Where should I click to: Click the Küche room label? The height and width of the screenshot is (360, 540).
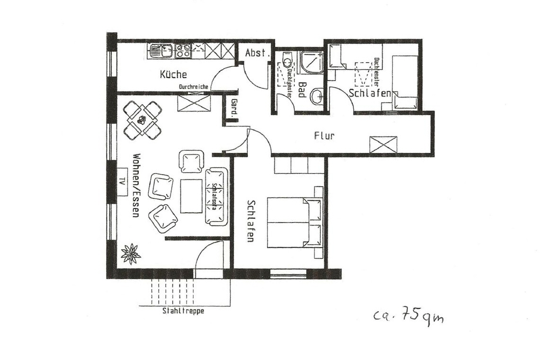pos(173,74)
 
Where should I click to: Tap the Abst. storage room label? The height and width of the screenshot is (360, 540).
pos(257,53)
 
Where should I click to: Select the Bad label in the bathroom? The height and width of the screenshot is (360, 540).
pos(302,90)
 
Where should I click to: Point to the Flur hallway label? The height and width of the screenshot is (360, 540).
pos(324,135)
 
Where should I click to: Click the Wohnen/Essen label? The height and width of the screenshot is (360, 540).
pos(135,185)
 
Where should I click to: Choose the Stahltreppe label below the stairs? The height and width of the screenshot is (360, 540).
pos(183,311)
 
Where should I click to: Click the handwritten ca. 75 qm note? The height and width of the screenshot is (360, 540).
pos(408,315)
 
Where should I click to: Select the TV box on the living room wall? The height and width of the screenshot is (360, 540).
pos(122,181)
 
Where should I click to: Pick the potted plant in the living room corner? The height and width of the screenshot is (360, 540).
pos(131,253)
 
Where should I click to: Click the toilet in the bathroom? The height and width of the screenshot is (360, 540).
pos(286,61)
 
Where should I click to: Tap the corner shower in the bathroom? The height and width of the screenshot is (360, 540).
pos(311,63)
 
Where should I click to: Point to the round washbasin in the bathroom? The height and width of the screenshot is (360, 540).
pos(316,96)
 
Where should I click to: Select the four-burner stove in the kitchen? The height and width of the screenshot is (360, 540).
pos(183,51)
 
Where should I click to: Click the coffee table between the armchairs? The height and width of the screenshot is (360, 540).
pos(191,197)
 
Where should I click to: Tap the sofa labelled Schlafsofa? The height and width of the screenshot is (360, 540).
pos(216,197)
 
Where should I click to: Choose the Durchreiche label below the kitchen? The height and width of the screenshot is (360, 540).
pos(194,87)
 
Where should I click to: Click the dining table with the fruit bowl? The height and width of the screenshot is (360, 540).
pos(142,120)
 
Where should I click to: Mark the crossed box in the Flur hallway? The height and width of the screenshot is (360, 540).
pos(383,144)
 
